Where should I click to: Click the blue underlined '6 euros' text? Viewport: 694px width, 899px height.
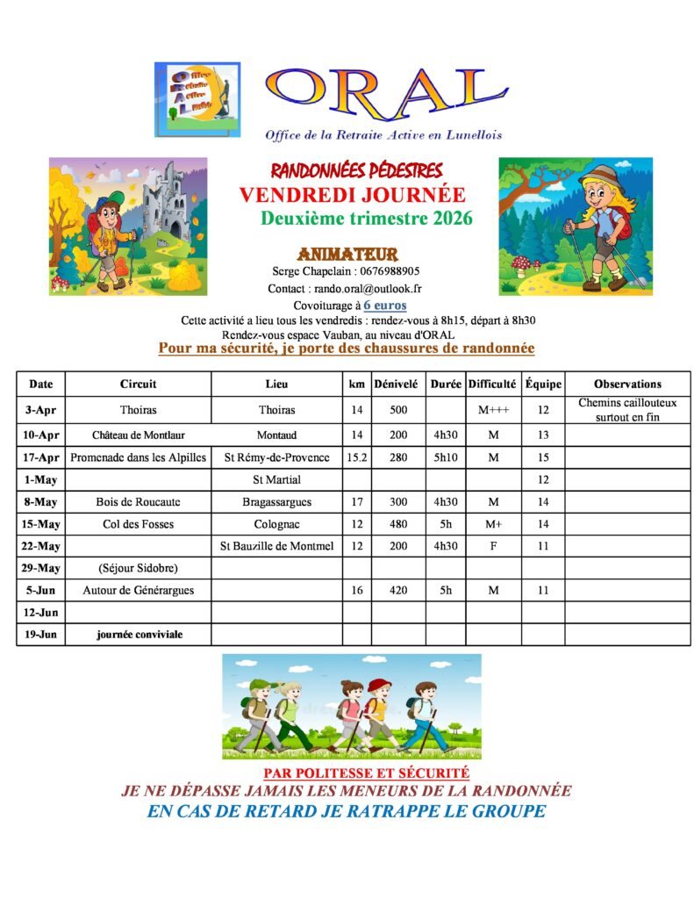coord(384,306)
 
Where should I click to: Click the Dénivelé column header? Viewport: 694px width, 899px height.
coord(396,384)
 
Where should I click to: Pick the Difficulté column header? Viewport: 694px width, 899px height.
coord(492,384)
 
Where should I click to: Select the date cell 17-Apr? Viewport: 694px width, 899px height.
coord(40,457)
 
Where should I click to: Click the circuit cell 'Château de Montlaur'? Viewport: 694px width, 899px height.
coord(139,435)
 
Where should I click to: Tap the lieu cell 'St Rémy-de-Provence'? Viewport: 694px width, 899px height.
coord(276,457)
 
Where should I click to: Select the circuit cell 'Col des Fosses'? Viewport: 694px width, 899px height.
coord(139,524)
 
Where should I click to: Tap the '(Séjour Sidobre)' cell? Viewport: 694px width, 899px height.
coord(139,568)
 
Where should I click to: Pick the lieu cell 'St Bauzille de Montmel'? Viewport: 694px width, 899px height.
coord(276,546)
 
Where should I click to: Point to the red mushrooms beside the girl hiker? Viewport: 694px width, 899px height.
coord(525,263)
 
